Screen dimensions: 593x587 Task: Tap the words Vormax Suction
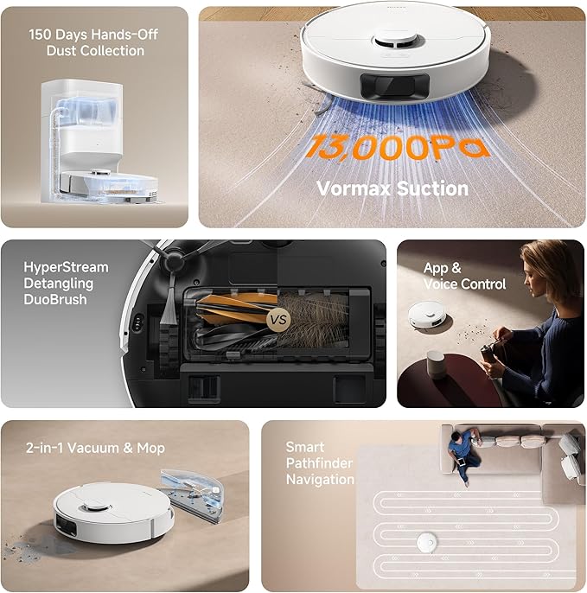(392, 188)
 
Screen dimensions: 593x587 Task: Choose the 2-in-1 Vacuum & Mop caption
(95, 449)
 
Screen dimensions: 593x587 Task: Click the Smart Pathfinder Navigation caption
(320, 463)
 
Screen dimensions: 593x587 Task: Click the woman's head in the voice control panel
(540, 263)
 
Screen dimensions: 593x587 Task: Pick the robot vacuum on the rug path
(424, 541)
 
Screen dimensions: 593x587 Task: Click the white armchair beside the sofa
(569, 456)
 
